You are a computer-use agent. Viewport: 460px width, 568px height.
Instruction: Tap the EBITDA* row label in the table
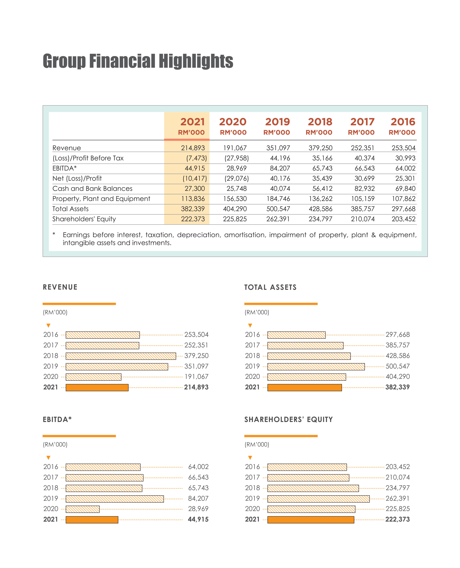click(64, 168)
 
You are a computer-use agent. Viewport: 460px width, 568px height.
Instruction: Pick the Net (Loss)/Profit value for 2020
click(236, 178)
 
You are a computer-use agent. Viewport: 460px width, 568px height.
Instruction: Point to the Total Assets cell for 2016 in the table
click(403, 209)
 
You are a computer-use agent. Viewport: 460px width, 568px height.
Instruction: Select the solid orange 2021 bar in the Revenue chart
click(97, 387)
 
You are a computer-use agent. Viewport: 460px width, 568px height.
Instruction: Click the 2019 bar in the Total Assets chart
click(316, 367)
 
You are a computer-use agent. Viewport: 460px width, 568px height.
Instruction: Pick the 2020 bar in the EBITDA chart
click(83, 509)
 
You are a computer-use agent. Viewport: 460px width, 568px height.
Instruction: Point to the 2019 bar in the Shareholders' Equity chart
click(318, 499)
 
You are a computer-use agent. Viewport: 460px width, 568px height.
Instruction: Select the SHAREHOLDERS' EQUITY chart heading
click(288, 419)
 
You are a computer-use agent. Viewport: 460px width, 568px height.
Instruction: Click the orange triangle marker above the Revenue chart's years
click(48, 325)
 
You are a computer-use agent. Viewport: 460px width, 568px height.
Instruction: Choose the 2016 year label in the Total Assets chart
click(252, 335)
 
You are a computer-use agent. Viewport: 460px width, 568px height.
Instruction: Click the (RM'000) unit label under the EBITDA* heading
click(55, 444)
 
